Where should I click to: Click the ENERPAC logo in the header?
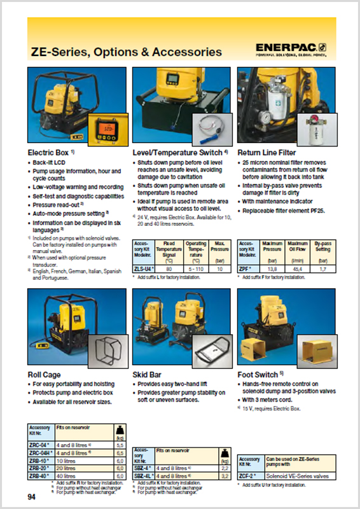291,49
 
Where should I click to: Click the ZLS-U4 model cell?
144,269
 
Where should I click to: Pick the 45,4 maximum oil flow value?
295,269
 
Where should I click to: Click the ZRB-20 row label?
40,468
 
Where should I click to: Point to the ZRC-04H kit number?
41,452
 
